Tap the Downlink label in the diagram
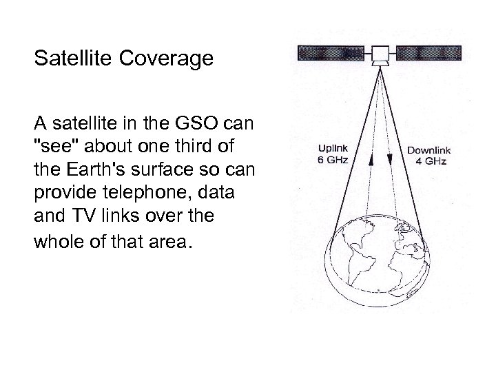coord(426,150)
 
